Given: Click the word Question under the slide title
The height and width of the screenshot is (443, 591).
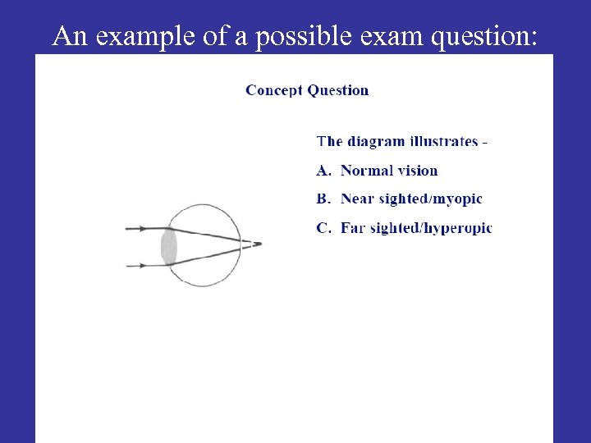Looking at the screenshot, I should [339, 90].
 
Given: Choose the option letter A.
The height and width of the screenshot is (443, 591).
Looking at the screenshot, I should [323, 171].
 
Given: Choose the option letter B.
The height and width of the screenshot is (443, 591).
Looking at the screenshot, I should [323, 199].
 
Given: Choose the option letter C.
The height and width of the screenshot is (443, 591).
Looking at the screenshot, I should [323, 227].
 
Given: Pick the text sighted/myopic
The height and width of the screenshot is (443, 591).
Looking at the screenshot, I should [431, 199].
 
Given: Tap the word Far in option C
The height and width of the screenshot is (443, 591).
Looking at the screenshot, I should [353, 227].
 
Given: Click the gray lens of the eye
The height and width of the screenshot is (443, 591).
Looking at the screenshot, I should [169, 247].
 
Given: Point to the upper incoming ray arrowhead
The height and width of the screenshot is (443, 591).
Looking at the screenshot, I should [144, 228].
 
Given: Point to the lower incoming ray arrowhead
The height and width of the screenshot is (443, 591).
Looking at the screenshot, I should [144, 265].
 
